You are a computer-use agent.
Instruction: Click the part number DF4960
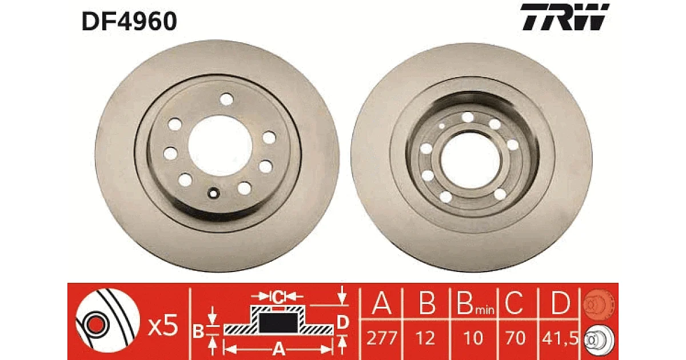[x=129, y=21]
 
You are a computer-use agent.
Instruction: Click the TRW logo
[x=565, y=17]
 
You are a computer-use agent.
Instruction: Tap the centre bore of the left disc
[x=220, y=146]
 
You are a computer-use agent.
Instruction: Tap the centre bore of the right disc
[x=471, y=160]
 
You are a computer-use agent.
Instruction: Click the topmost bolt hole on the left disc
[x=226, y=99]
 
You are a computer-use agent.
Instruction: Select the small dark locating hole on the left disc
[x=213, y=193]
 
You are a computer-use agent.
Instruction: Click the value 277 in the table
[x=382, y=338]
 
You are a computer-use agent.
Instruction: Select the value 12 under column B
[x=426, y=338]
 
